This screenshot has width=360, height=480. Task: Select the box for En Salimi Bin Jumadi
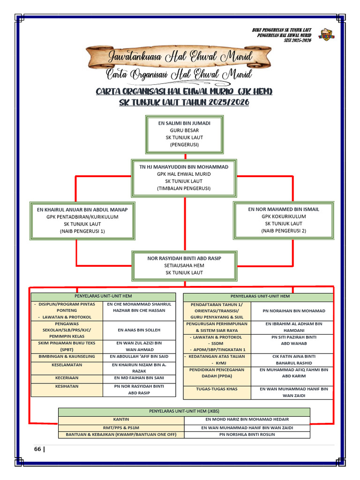coord(184,134)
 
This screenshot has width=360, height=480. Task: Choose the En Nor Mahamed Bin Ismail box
coord(284,220)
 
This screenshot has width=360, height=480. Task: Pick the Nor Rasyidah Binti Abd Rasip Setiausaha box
coord(184,265)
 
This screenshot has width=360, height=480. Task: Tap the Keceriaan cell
coord(67,377)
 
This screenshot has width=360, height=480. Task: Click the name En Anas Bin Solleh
coord(139,330)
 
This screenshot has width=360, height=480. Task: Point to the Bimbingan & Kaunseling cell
coord(67,356)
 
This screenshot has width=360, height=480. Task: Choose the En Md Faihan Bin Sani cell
coord(139,377)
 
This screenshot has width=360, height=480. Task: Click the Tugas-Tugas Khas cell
coord(217,389)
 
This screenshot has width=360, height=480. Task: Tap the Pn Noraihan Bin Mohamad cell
coord(291,311)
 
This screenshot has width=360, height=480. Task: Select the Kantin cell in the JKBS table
coord(121,420)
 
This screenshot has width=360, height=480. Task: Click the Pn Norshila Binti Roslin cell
coord(247,435)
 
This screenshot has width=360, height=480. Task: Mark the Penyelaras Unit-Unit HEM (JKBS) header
coord(184,412)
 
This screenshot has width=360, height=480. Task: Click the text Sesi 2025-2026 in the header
coord(298,41)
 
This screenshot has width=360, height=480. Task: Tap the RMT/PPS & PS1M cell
coord(121,427)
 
